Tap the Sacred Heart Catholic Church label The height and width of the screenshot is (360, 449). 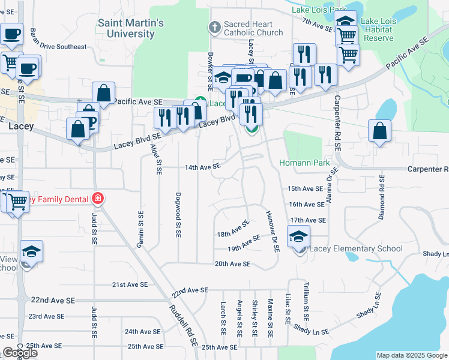[x=253, y=28]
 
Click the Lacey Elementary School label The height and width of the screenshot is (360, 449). [x=355, y=248]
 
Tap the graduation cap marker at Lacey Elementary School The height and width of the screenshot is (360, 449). [x=298, y=237]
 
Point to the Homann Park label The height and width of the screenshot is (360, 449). [x=304, y=163]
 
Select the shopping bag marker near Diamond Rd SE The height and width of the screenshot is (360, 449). [x=379, y=131]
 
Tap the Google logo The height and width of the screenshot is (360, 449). [x=20, y=353]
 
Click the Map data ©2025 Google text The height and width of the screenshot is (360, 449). [x=412, y=355]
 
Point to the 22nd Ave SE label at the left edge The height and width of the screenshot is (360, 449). [x=53, y=299]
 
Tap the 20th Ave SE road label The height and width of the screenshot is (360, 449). [x=232, y=263]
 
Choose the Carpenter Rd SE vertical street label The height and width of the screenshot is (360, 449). [x=337, y=122]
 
